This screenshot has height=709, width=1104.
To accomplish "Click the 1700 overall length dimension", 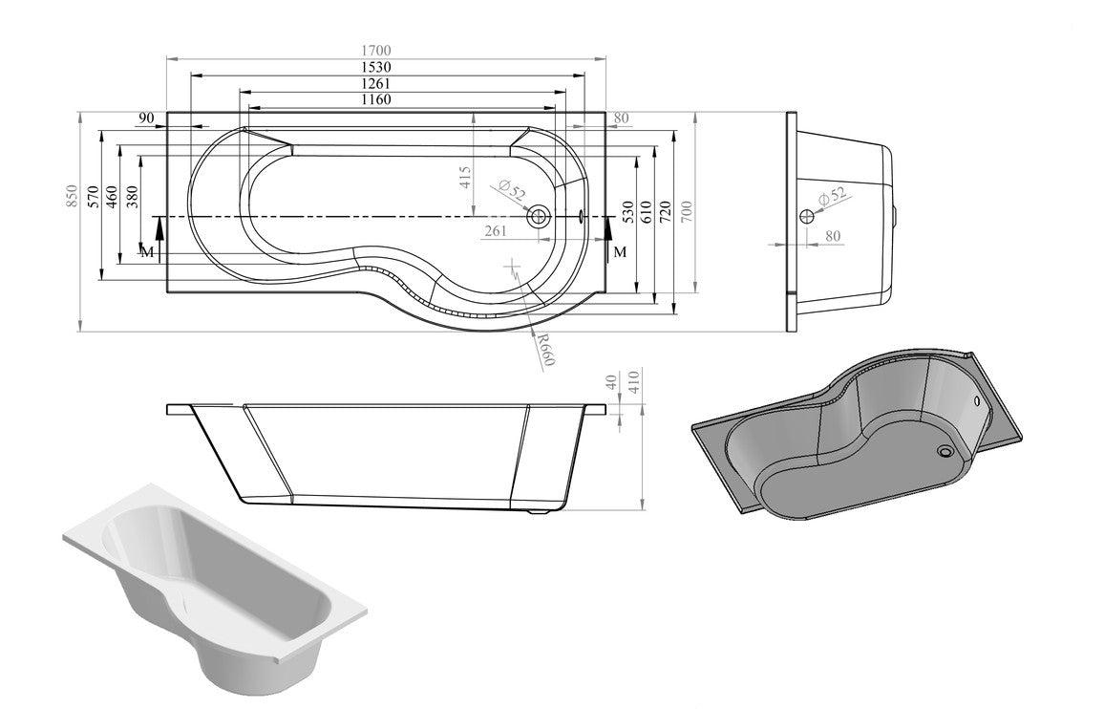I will pyautogui.click(x=377, y=51).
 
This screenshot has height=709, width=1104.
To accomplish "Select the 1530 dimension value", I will pyautogui.click(x=377, y=67).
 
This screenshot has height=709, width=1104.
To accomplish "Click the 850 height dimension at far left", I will pyautogui.click(x=69, y=197).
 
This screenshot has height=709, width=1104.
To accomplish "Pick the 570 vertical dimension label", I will pyautogui.click(x=94, y=197).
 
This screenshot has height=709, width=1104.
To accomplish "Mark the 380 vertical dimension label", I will pyautogui.click(x=133, y=197).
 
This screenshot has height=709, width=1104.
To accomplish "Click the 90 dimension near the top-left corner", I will pyautogui.click(x=146, y=118).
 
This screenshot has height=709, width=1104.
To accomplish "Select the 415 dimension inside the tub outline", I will pyautogui.click(x=464, y=179).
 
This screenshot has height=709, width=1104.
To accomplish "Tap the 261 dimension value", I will pyautogui.click(x=496, y=230).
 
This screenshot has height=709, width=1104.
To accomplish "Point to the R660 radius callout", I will pyautogui.click(x=545, y=350).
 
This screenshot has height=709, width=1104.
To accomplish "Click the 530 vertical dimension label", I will pyautogui.click(x=627, y=211).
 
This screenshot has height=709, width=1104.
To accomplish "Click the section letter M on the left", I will pyautogui.click(x=146, y=251).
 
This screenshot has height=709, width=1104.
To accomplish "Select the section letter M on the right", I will pyautogui.click(x=620, y=251).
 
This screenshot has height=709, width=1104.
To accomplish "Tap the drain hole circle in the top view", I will pyautogui.click(x=539, y=217).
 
